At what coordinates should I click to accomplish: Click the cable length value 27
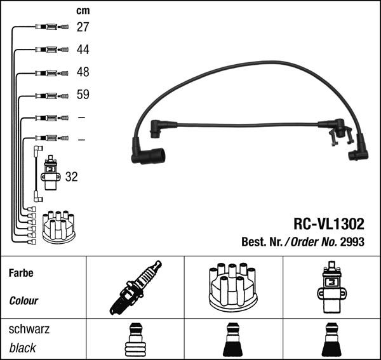click(83, 27)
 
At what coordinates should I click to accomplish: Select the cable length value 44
click(83, 50)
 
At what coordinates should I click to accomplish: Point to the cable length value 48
click(83, 72)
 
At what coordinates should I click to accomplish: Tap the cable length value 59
click(83, 95)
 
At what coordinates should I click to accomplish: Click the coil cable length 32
click(71, 177)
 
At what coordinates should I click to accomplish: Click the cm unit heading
click(83, 10)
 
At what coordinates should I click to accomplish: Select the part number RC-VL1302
click(328, 223)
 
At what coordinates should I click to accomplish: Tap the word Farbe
click(21, 273)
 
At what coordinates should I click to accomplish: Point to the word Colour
click(24, 301)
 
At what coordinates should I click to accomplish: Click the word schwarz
click(29, 330)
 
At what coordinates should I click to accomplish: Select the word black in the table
click(22, 348)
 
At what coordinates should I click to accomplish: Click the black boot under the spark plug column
click(134, 341)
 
